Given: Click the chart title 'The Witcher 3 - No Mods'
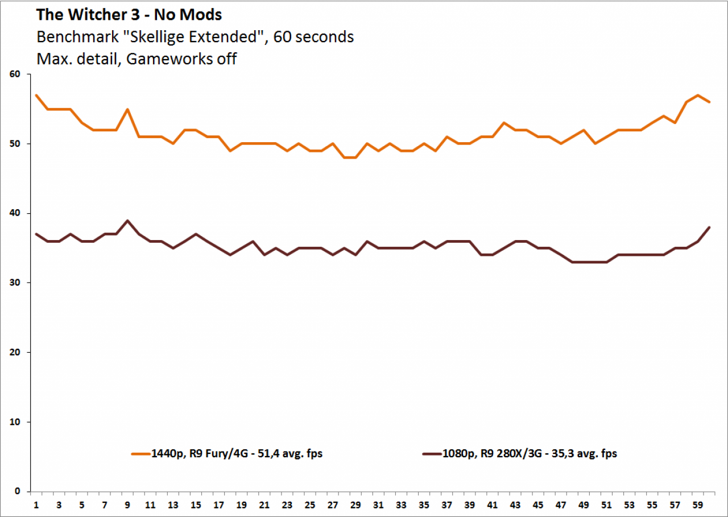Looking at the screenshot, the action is tap(129, 15).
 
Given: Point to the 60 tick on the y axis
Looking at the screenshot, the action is tap(15, 74).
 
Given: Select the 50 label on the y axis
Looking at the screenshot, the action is tap(15, 144).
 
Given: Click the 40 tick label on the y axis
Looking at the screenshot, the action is tap(15, 213).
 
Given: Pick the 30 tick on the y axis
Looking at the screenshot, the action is tap(15, 283).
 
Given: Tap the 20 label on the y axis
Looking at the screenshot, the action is tap(15, 352).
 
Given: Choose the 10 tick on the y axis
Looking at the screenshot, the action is tap(15, 422).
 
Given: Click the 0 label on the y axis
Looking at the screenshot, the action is tap(17, 491).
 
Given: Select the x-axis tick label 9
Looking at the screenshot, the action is tap(127, 505).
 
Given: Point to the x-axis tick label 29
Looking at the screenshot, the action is tap(355, 505).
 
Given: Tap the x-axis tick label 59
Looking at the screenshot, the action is tap(698, 505).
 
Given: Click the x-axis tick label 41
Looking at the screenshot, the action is tap(493, 505).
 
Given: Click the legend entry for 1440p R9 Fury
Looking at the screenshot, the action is tap(227, 454).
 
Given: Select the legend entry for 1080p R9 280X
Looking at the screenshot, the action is tap(520, 454).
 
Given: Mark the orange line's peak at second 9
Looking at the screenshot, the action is tap(127, 109).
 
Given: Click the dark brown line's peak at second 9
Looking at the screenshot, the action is tap(127, 220).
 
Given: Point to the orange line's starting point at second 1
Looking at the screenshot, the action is tap(36, 95).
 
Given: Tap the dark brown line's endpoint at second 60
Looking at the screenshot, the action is tap(709, 227).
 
